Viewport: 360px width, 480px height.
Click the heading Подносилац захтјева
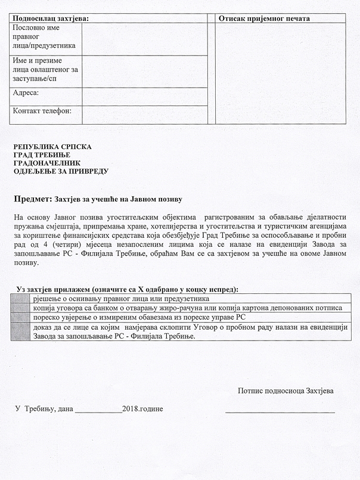[x=51, y=18]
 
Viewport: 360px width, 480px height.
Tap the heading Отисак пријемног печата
[x=264, y=18]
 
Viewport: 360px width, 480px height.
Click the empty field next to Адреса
[x=144, y=95]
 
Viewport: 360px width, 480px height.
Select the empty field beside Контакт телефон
[x=144, y=114]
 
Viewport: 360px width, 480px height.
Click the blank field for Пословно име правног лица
[x=144, y=38]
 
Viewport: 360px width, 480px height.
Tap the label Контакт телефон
[x=42, y=111]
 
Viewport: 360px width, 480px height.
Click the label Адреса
[x=26, y=93]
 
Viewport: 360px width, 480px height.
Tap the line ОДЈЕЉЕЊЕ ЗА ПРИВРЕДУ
[x=61, y=171]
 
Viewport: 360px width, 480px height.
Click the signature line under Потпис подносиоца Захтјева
[x=280, y=411]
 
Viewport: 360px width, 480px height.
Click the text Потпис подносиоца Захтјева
[x=285, y=391]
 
